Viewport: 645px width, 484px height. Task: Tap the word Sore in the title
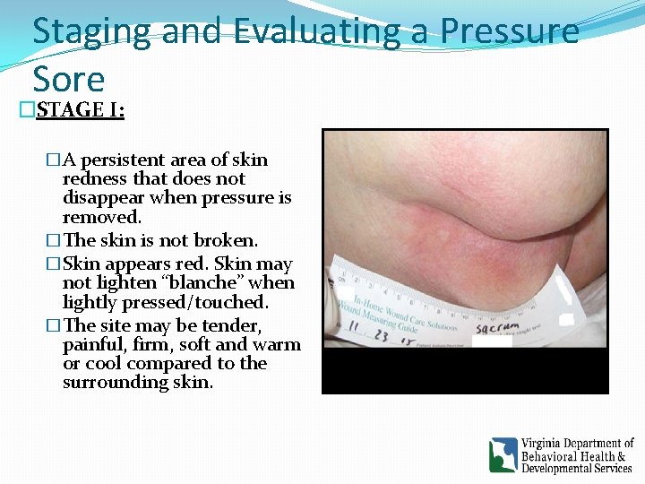[x=68, y=79]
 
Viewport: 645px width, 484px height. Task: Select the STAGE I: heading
[x=81, y=110]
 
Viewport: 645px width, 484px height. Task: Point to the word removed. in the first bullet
[x=101, y=217]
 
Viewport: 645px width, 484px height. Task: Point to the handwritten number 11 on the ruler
[x=356, y=333]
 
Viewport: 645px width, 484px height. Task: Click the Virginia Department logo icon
[x=503, y=454]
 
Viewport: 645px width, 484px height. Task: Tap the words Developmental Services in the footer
[x=577, y=469]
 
